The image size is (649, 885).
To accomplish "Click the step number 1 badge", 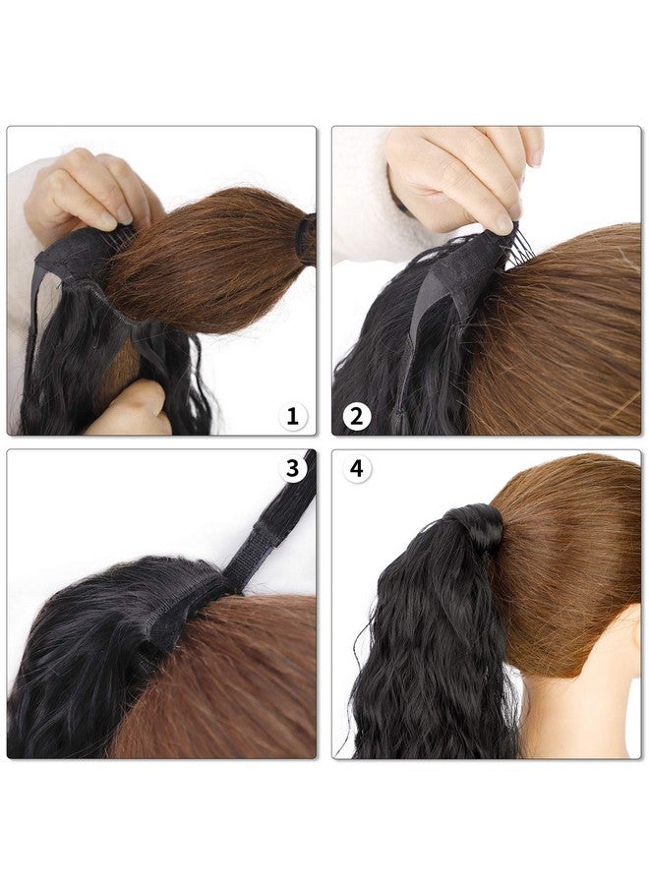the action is pyautogui.click(x=292, y=417).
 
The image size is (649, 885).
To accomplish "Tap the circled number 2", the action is pyautogui.click(x=357, y=417).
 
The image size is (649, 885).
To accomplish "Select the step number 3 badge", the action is pyautogui.click(x=292, y=468).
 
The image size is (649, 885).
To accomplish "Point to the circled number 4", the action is pyautogui.click(x=357, y=468).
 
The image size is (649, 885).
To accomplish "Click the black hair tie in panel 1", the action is pyautogui.click(x=307, y=239).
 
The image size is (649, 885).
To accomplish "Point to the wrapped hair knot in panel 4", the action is pyautogui.click(x=476, y=527).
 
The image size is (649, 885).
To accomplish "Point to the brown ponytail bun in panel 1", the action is pyautogui.click(x=208, y=260).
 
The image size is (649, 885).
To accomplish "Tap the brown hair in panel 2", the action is pyautogui.click(x=559, y=338).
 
